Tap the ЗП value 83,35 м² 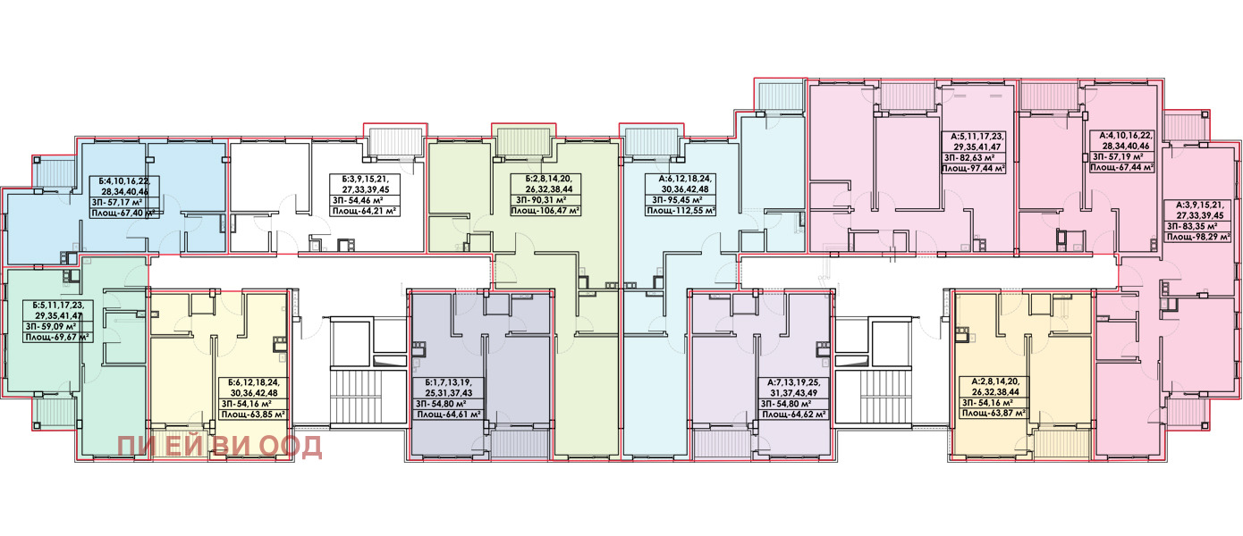(1198, 226)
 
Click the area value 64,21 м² (378, 211)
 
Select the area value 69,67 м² (71, 337)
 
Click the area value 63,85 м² (266, 414)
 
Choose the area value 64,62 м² (807, 414)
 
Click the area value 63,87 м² (1005, 413)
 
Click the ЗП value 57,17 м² (125, 202)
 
